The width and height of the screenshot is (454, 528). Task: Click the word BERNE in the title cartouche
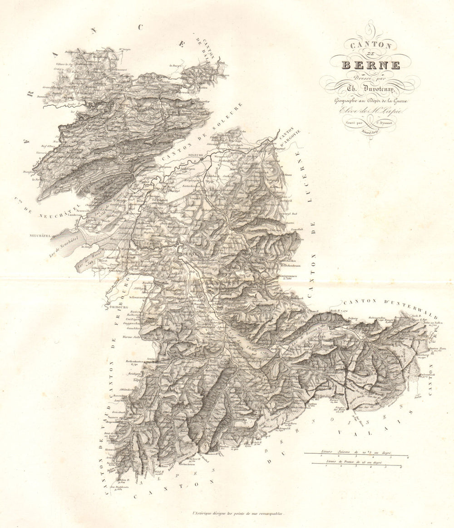pos(370,65)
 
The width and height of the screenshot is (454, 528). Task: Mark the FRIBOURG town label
pos(117,307)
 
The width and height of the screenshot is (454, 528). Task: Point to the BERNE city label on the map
pos(187,254)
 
